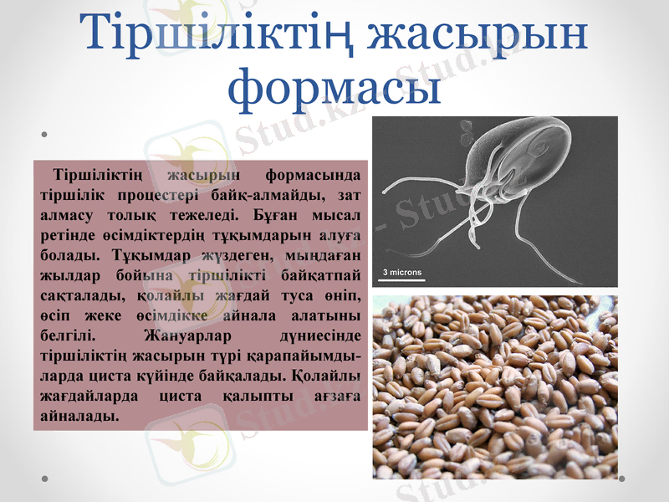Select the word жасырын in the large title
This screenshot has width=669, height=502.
478,35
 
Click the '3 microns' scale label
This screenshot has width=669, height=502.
403,272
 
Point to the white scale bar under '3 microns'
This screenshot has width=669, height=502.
403,279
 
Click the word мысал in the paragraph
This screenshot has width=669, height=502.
340,215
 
